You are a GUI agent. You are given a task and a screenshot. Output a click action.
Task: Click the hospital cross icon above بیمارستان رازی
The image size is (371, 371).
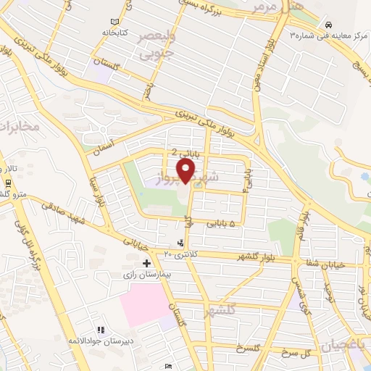[147, 262]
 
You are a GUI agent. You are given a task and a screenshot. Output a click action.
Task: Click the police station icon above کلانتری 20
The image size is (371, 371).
[180, 243]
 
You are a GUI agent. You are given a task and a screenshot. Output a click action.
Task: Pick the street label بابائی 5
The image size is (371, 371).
[222, 225]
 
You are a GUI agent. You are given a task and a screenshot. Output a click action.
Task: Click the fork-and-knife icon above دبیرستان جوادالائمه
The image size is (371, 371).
[100, 330]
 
